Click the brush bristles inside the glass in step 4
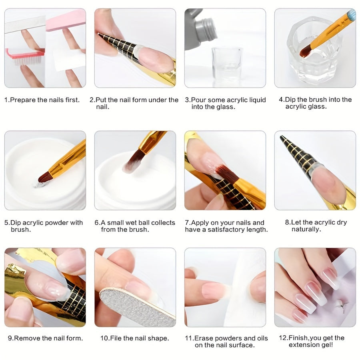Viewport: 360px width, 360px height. pos(306,51)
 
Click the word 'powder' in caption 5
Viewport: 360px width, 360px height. pos(56,223)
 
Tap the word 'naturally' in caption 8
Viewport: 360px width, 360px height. pos(306,229)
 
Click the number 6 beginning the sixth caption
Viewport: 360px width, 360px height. pos(96,223)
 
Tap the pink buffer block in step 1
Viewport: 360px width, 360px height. pos(66,20)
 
